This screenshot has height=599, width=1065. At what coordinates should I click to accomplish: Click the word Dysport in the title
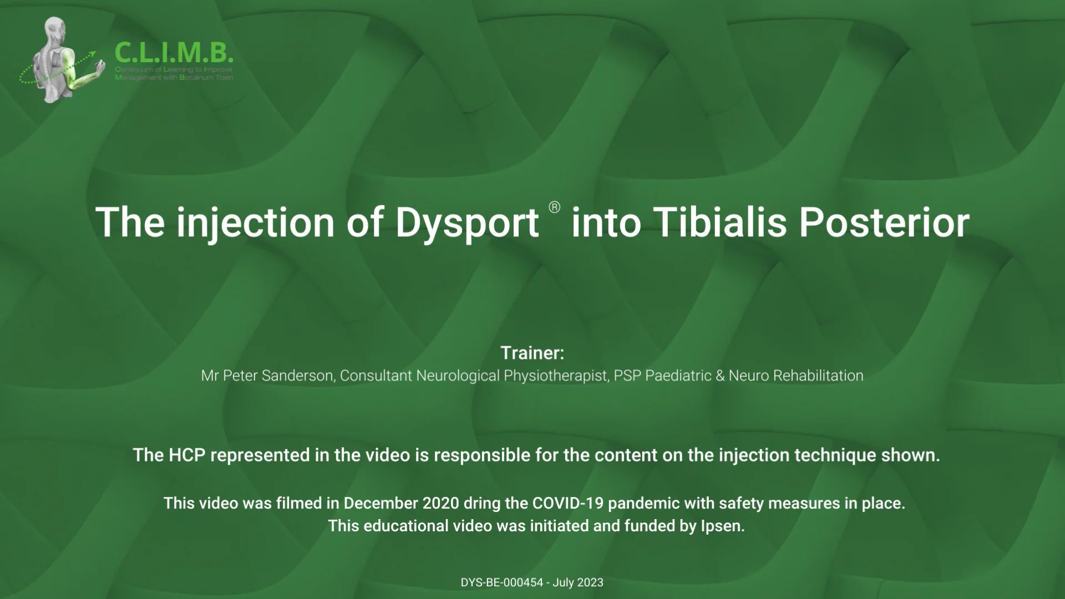coord(466,223)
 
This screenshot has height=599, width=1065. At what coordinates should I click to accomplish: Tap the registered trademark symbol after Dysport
coord(554,207)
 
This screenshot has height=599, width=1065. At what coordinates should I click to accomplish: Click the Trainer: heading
coord(532,353)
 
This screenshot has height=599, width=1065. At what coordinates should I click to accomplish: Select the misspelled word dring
coord(482,504)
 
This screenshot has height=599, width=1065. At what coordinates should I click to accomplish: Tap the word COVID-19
coord(567,504)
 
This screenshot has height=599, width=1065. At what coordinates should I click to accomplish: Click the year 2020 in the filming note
coord(440,504)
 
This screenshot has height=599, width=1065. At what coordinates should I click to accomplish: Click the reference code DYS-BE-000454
coord(501,583)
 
